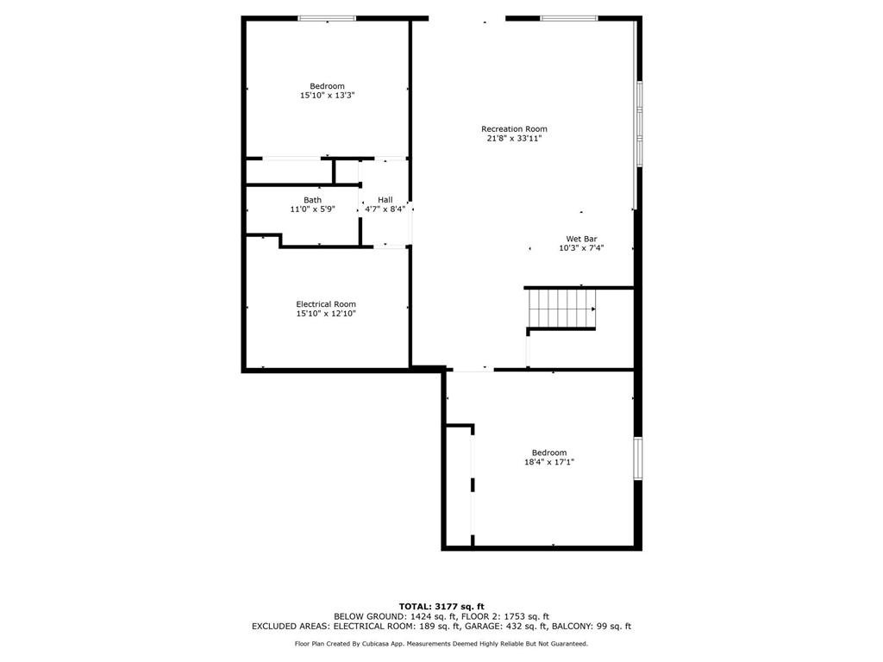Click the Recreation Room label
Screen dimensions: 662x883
click(514, 129)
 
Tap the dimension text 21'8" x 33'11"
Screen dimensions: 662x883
click(514, 138)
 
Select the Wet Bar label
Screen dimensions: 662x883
click(581, 239)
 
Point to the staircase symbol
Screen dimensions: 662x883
click(561, 308)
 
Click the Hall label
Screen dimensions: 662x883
click(385, 200)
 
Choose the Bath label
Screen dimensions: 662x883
click(312, 200)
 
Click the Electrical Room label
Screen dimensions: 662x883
click(326, 304)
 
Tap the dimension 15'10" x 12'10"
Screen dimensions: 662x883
click(326, 314)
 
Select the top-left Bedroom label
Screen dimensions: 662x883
click(328, 86)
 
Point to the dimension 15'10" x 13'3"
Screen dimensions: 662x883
click(328, 96)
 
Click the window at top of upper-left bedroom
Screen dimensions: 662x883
click(327, 18)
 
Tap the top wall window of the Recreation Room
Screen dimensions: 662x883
click(568, 18)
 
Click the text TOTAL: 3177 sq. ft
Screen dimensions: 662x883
click(441, 606)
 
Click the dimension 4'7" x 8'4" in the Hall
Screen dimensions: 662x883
click(385, 209)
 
